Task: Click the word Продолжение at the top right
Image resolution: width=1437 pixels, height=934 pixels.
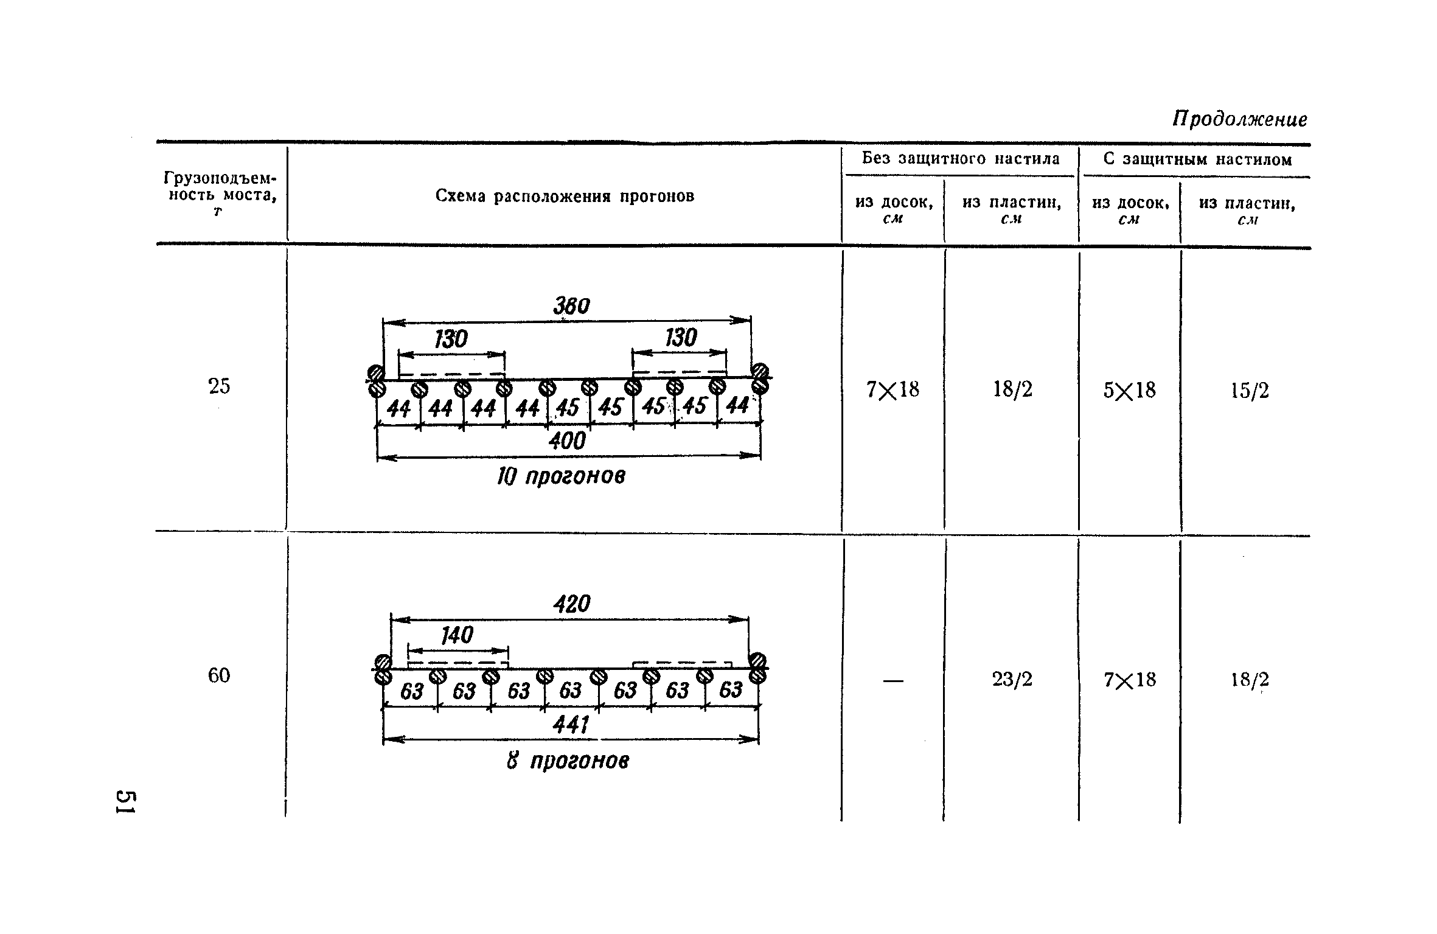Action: point(1240,119)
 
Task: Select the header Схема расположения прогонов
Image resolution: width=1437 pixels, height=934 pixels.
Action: point(565,197)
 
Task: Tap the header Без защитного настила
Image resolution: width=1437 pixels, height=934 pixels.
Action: point(961,159)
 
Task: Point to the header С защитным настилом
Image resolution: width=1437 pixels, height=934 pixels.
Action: point(1197,160)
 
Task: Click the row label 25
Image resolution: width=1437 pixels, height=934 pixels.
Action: point(219,386)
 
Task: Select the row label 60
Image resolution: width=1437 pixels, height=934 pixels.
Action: point(219,675)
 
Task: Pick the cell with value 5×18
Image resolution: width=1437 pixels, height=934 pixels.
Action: point(1129,390)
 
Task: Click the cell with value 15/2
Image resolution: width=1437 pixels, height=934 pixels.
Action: point(1250,391)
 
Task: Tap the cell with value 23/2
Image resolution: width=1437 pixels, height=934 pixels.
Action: point(1012,679)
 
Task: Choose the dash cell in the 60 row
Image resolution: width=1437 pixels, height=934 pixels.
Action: point(893,681)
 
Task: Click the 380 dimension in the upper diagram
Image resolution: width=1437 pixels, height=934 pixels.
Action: point(571,306)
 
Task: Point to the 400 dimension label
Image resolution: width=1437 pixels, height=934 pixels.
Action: point(567,441)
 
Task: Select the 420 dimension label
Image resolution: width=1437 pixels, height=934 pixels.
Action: point(572,604)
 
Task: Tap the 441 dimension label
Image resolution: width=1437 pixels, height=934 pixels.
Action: point(571,725)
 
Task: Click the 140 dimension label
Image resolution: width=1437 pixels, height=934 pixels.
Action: point(457,636)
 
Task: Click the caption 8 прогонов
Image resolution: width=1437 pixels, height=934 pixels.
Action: point(568,761)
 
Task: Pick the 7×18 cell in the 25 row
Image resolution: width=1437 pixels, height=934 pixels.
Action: point(892,389)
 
